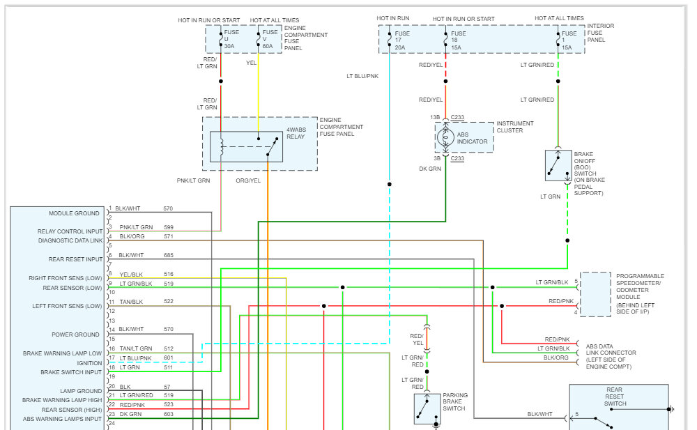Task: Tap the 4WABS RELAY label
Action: pos(296,132)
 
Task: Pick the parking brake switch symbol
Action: pos(427,408)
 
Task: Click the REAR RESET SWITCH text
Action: pos(615,397)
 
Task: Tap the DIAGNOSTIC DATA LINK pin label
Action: pos(70,240)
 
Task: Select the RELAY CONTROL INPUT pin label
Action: pos(70,231)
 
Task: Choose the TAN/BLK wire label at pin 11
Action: pos(130,302)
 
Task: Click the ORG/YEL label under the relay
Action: pos(247,181)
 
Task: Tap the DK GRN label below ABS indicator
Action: pos(430,169)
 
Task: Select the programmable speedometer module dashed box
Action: pos(595,294)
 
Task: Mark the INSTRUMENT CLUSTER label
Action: pos(515,127)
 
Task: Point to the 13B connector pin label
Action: pos(435,117)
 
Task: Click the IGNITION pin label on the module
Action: pos(89,363)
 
